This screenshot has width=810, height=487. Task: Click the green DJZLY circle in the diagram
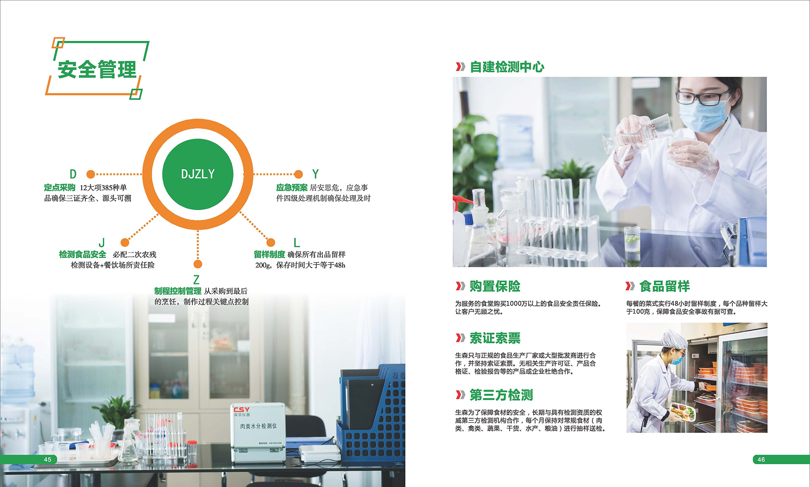tap(198, 174)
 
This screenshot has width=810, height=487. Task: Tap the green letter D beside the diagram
tap(73, 174)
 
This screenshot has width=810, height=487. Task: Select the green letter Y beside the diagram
tap(316, 174)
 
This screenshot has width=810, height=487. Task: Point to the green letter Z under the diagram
tap(196, 280)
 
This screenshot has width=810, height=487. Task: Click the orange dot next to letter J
tap(125, 242)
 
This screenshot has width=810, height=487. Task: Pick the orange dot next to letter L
tap(271, 242)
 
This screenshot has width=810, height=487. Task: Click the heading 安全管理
tap(97, 69)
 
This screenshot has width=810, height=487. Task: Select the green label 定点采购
tap(59, 187)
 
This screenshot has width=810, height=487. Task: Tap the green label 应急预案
tap(292, 187)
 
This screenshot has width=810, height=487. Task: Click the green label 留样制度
tap(270, 254)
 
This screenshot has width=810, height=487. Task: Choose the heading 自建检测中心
tap(507, 67)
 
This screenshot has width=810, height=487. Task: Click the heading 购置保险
tap(495, 286)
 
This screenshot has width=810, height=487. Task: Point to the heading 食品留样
tap(665, 286)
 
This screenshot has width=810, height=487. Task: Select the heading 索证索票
tap(495, 338)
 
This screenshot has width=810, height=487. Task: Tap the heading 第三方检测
tap(502, 395)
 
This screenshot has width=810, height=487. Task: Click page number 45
tap(48, 460)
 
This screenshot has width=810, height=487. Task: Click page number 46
tap(761, 460)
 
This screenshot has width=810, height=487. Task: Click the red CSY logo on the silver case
tap(242, 409)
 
